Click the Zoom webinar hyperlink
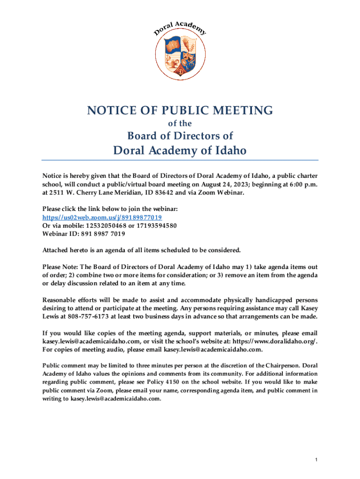[x=102, y=218]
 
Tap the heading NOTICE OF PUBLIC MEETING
[x=180, y=110]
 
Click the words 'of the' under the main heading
[x=180, y=124]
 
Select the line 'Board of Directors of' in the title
[x=180, y=136]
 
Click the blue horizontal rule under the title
[x=180, y=160]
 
